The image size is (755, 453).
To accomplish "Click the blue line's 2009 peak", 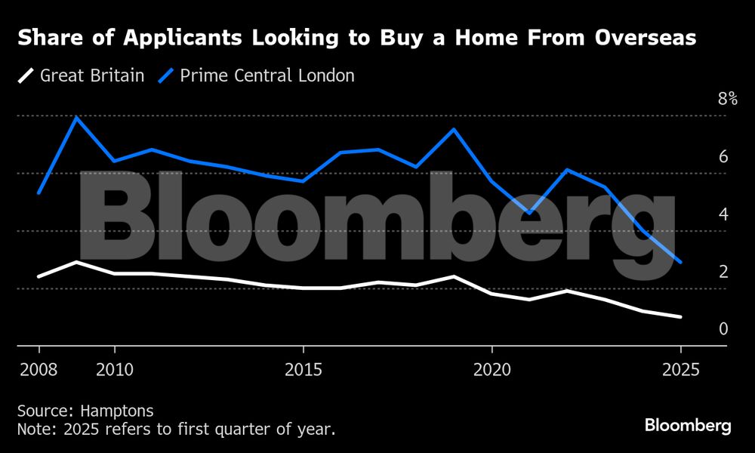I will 76,117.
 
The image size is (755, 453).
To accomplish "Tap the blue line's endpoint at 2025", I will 680,262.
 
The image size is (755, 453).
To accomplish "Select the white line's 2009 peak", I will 76,261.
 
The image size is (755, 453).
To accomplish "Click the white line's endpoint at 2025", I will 680,317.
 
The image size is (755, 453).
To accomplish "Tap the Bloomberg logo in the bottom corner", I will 688,426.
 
